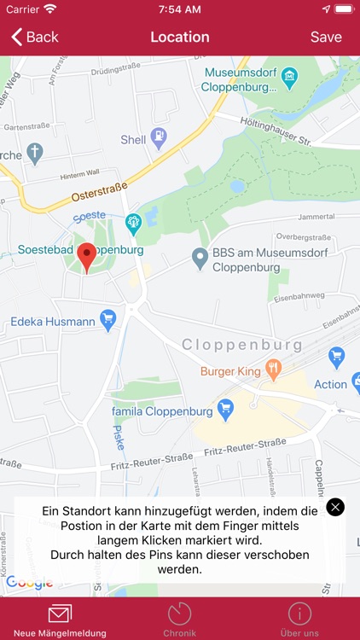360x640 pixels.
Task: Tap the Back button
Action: [34, 37]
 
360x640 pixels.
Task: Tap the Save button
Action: [326, 37]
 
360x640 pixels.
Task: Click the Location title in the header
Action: [180, 37]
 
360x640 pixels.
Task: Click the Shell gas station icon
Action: [158, 137]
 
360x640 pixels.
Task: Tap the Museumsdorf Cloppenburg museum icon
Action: [290, 79]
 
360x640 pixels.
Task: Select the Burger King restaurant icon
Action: [273, 369]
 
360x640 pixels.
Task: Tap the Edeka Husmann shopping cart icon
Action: [107, 320]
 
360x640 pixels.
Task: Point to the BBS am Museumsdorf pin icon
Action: [200, 255]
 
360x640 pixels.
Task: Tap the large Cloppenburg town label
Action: [242, 346]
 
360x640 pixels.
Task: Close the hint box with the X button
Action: [336, 507]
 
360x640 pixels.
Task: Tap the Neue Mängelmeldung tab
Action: [60, 620]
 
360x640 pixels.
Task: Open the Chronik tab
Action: [180, 620]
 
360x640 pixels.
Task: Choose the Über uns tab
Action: [299, 620]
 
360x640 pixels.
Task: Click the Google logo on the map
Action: [30, 583]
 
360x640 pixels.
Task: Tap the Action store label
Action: [330, 384]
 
